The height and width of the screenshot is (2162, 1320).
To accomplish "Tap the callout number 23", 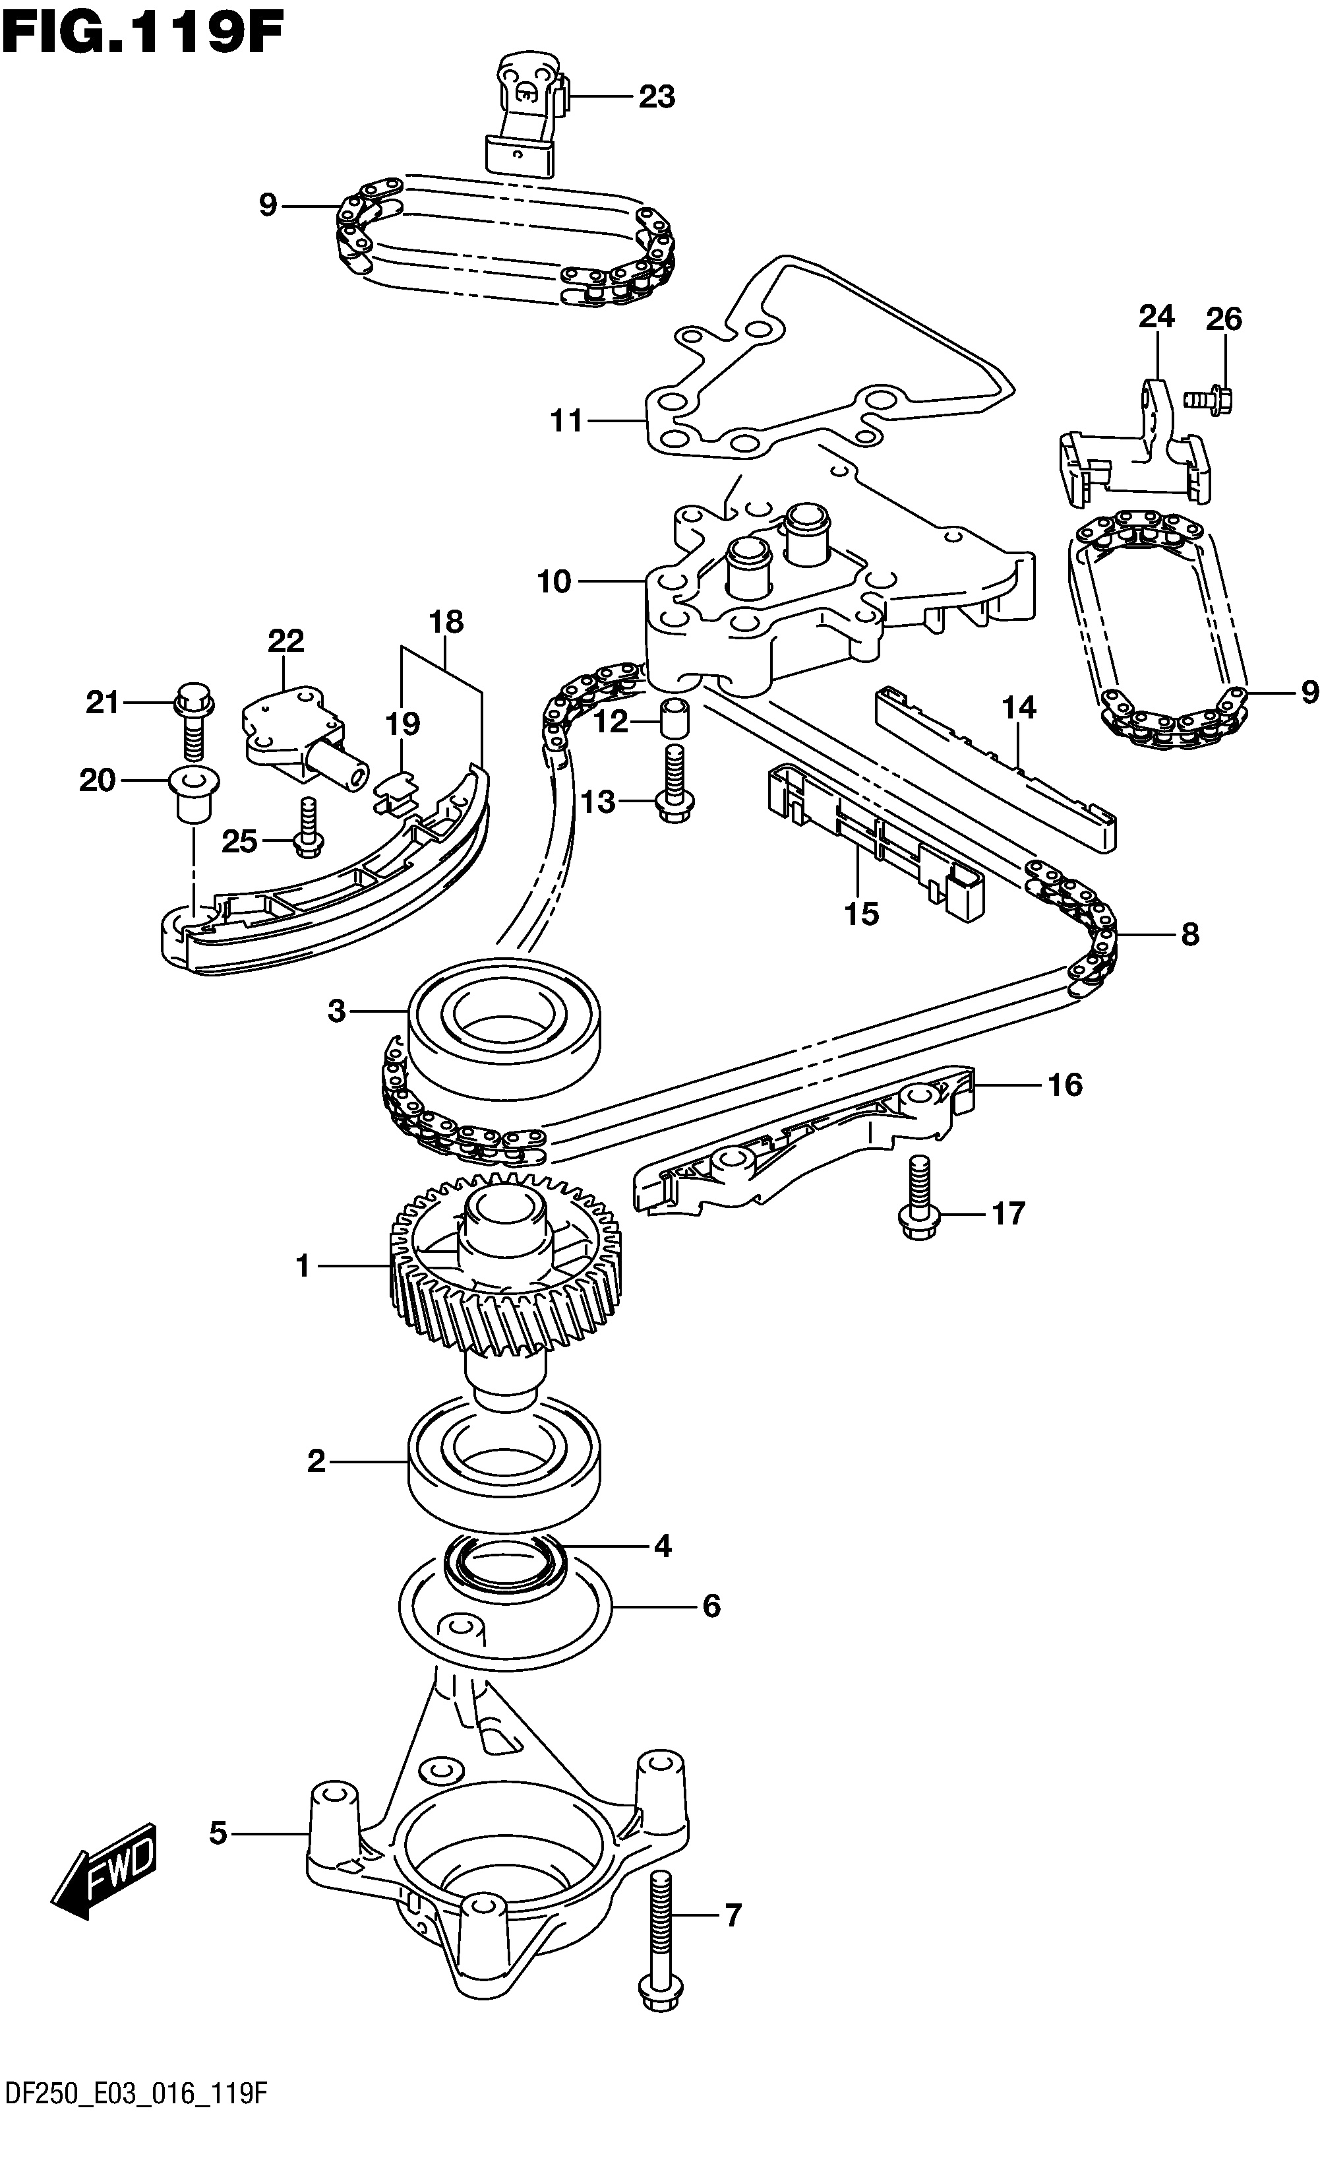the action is (x=657, y=96).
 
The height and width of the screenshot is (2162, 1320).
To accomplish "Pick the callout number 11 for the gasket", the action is (x=566, y=421).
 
